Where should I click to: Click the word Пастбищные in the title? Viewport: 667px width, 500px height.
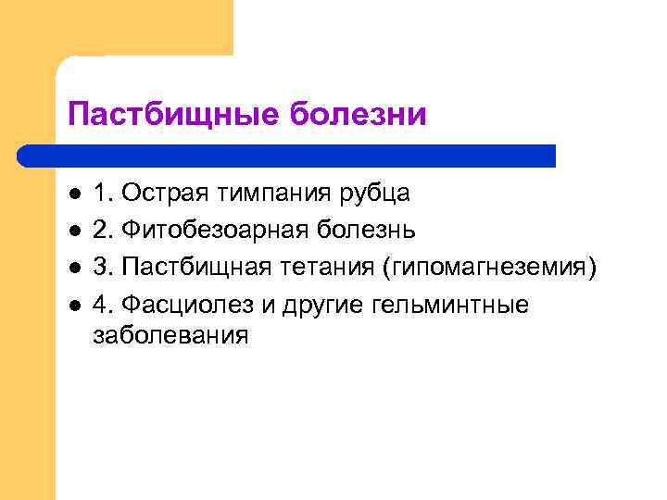174,116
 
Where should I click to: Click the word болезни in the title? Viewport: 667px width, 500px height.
359,116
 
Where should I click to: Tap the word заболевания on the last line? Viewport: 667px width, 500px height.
171,336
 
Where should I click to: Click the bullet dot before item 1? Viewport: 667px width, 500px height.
75,194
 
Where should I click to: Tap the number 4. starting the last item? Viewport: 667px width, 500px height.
104,305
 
